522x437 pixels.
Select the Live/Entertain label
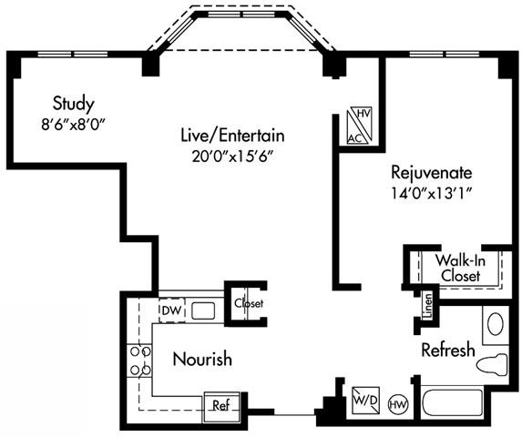coord(231,136)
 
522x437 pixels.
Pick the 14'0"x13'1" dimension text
coord(434,192)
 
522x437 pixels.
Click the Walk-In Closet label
coord(460,266)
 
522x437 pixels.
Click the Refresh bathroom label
coord(447,351)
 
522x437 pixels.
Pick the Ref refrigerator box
coord(220,405)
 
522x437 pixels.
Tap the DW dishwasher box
coord(170,311)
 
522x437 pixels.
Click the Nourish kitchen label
coord(202,359)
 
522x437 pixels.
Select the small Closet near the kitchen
coord(247,302)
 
